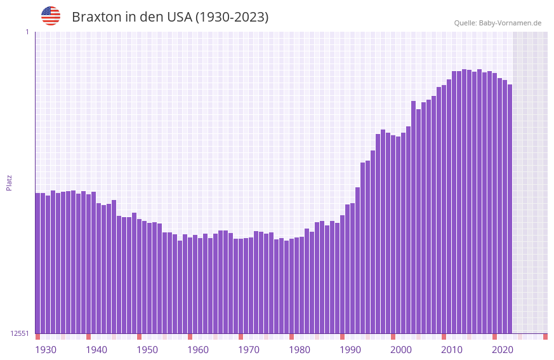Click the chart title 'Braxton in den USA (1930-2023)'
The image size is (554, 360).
coord(170,17)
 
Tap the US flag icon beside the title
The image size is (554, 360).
coord(51,16)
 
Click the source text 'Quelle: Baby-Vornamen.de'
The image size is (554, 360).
coord(498,23)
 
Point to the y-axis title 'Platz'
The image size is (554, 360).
coord(9,182)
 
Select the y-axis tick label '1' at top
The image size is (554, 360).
coord(27,32)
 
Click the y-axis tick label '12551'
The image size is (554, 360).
coord(20,333)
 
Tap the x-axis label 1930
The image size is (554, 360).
coord(46,350)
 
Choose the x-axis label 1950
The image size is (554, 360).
coord(147,350)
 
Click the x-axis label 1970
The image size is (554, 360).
coord(249,350)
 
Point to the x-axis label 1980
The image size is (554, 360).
coord(300,350)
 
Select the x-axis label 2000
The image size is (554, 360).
coord(401,350)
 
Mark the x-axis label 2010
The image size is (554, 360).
coord(452,350)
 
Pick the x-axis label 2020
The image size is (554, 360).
coord(503,350)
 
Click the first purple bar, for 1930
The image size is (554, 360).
coord(37,263)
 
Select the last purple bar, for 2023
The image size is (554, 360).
coord(510,209)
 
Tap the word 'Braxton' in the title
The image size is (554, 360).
coord(95,17)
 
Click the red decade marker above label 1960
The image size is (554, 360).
coord(190,337)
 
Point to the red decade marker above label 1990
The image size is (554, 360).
coord(342,337)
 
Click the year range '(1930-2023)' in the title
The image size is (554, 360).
coord(232,17)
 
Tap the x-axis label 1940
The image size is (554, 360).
coord(96,350)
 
